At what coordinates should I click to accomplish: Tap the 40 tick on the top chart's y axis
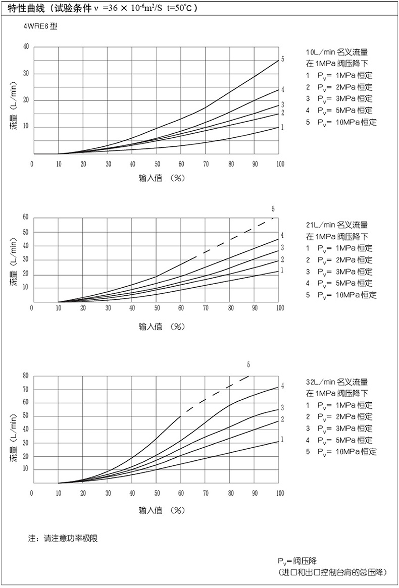pos(26,47)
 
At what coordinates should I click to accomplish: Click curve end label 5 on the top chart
pos(283,59)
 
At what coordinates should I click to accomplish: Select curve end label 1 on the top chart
pos(283,127)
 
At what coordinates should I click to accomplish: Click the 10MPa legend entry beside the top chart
pos(341,122)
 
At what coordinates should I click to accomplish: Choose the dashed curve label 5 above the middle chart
pos(273,208)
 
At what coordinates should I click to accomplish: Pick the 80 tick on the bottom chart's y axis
pos(26,376)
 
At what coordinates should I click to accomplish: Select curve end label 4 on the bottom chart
pos(283,386)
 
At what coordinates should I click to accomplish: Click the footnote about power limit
pos(63,539)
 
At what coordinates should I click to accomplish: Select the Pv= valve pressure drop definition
pos(297,561)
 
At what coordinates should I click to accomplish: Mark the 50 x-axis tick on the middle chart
pos(157,308)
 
